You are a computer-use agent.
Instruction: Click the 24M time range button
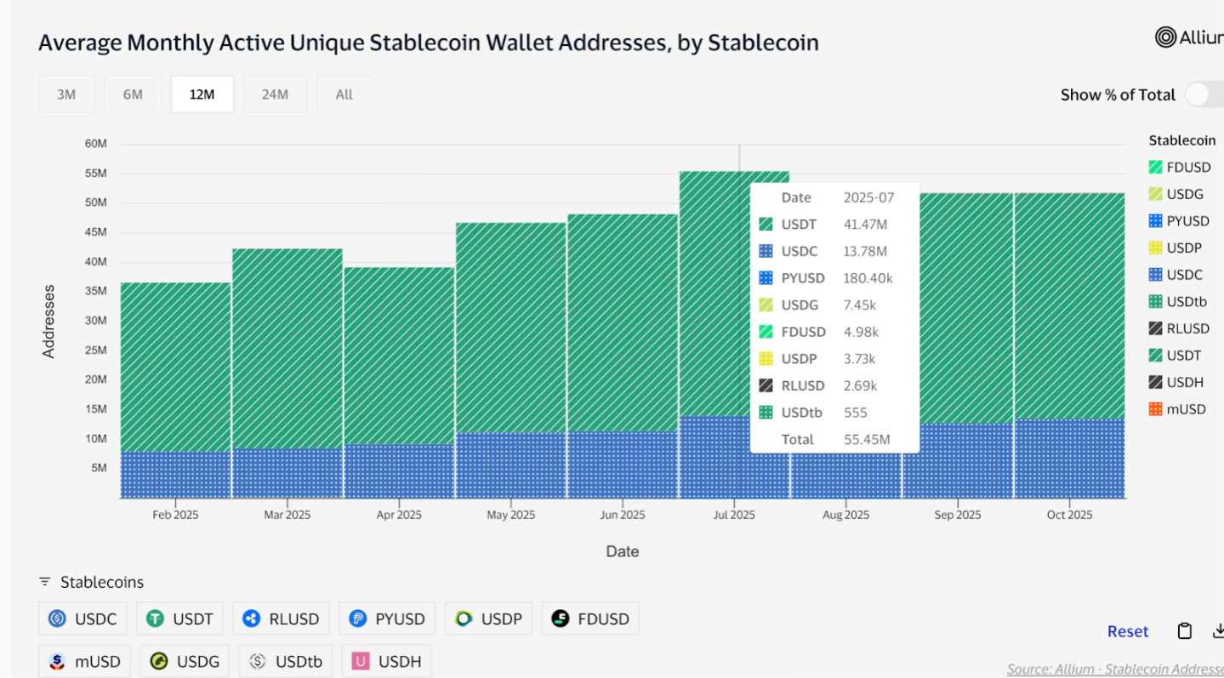point(275,94)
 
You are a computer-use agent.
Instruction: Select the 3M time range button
point(66,94)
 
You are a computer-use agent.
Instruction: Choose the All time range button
point(344,94)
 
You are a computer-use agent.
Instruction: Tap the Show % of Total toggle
point(1204,94)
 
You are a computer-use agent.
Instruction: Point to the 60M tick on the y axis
point(96,144)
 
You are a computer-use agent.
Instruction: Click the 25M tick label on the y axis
point(96,350)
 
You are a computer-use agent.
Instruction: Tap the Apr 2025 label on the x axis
point(399,515)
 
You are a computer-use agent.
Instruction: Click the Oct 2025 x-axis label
point(1069,515)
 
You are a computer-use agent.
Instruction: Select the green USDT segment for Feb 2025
point(175,366)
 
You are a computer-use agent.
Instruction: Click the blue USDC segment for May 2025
point(510,464)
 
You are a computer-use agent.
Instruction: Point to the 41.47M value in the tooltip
point(865,225)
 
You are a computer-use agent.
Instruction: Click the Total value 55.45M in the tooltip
point(867,440)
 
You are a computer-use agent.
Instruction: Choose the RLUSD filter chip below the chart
point(282,618)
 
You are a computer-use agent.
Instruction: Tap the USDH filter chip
point(387,661)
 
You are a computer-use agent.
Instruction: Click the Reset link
point(1128,631)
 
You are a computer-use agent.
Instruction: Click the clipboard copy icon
point(1184,631)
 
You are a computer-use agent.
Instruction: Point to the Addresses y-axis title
point(48,321)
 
